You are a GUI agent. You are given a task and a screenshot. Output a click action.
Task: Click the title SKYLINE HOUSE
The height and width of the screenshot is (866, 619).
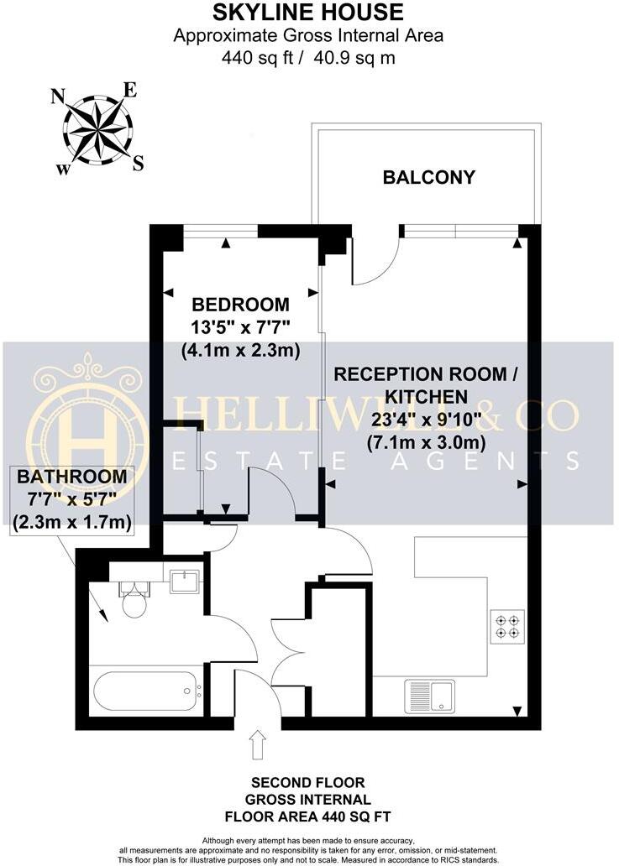[307, 13]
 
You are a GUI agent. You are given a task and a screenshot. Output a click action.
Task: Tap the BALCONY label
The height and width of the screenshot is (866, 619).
[428, 177]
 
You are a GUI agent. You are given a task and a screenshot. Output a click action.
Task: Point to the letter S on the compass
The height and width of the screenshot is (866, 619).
[138, 162]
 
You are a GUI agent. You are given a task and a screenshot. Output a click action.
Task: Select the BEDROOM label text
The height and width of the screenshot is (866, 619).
[240, 305]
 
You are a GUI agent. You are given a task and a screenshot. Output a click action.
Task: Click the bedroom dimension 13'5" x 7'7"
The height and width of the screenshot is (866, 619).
[240, 327]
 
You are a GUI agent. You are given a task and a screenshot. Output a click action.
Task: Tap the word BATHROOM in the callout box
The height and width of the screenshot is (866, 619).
[73, 477]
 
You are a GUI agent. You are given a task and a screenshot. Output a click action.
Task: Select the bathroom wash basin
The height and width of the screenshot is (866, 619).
[184, 581]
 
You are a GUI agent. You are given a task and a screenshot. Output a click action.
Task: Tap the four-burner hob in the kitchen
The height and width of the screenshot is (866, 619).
[507, 626]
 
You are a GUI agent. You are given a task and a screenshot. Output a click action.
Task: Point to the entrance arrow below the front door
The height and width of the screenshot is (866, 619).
[258, 743]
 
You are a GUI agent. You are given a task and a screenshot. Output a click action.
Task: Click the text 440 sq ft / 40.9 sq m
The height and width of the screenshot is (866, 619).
[307, 58]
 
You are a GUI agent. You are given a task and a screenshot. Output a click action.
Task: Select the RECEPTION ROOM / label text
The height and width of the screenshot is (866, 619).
[420, 374]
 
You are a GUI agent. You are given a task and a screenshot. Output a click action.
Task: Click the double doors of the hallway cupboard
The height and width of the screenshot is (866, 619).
[289, 655]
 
